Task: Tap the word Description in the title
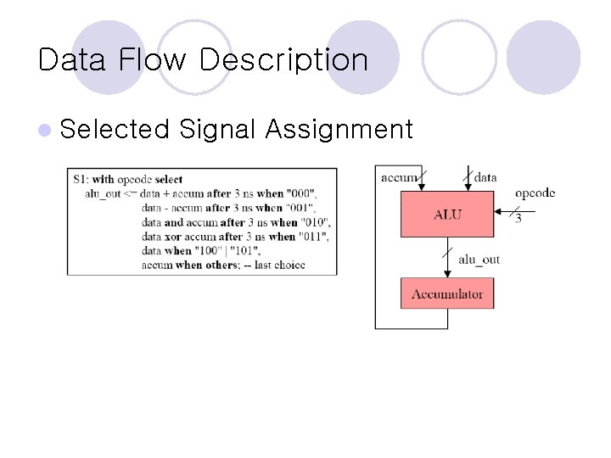283,61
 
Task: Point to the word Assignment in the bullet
339,130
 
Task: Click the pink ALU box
447,214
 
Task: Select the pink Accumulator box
447,294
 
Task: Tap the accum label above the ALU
400,177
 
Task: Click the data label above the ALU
485,177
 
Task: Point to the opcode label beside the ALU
535,193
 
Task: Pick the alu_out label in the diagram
479,260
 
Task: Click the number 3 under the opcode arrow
519,219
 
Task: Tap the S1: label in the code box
81,179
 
